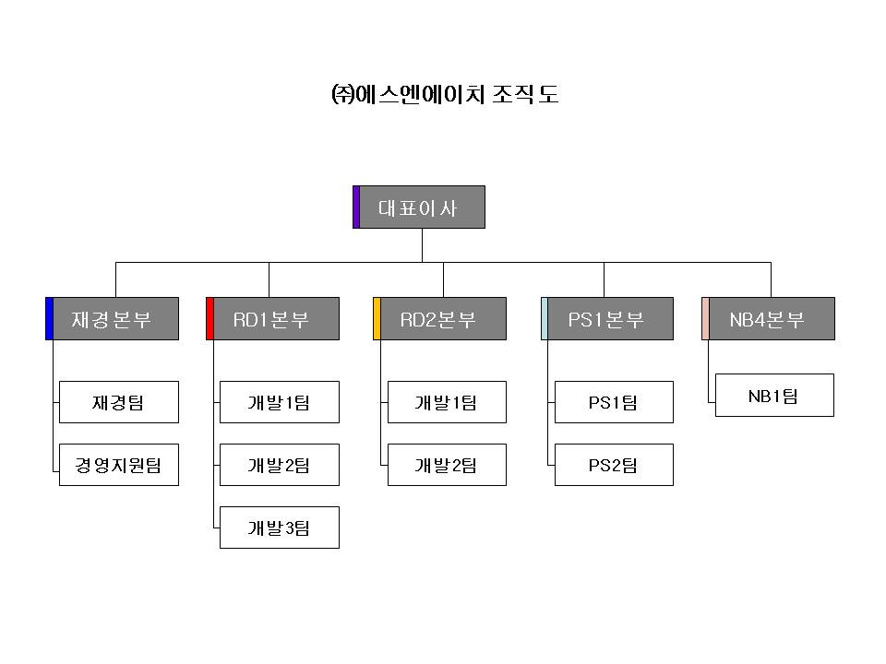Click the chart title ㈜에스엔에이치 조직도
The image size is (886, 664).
[444, 95]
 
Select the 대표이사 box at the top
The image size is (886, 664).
[421, 207]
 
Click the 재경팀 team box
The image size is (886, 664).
[118, 402]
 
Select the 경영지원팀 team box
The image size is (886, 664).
[118, 465]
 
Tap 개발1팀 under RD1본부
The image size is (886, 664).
[279, 402]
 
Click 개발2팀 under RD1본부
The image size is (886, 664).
[279, 465]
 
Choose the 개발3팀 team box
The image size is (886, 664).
[279, 528]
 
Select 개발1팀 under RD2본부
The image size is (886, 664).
[447, 402]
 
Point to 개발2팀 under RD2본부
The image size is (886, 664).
[447, 465]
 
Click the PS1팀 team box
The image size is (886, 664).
[614, 402]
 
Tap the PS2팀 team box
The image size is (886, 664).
[614, 465]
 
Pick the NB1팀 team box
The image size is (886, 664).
[774, 395]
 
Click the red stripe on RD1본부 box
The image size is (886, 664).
[210, 319]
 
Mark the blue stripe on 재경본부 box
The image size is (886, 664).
[49, 319]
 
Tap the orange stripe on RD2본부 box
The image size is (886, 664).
[377, 319]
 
